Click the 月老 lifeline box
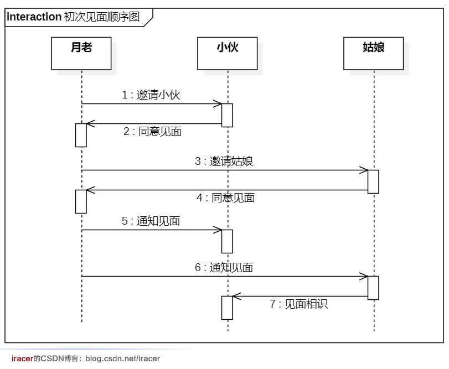pos(81,53)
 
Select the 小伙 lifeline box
pos(227,53)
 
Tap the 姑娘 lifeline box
pos(373,53)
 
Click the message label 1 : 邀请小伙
pos(151,95)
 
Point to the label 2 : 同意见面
pos(152,132)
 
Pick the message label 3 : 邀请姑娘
pos(224,162)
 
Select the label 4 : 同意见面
pos(225,198)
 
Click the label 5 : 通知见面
pos(151,221)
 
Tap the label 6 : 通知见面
pos(224,268)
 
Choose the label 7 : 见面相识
pos(298,304)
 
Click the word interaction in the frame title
pos(34,17)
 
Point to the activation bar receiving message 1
pos(227,115)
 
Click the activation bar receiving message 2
pos(81,135)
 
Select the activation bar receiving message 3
pos(373,181)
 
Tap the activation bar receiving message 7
pos(227,308)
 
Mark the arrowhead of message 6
pos(364,277)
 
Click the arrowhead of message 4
pos(90,190)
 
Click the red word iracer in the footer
pos(22,358)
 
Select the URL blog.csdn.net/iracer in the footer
pos(122,358)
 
